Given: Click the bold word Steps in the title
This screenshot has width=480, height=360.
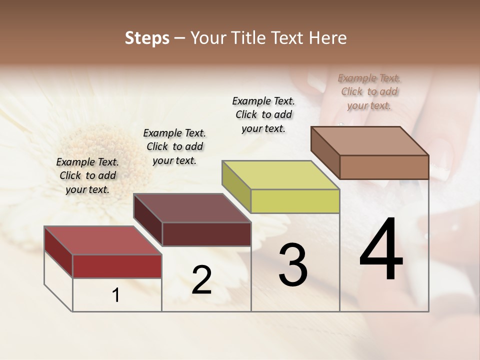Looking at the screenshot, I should click(147, 38).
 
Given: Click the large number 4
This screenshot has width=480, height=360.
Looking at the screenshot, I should click(381, 250).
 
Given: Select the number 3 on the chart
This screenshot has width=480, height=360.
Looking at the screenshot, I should click(292, 265).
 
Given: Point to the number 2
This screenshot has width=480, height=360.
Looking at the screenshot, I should click(201, 280).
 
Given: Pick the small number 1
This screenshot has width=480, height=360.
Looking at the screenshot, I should click(116, 295).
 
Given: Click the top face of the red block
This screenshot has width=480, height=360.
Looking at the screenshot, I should click(102, 240).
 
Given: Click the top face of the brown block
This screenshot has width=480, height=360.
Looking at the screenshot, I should click(369, 141).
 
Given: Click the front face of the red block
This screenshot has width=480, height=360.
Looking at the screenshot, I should click(117, 266).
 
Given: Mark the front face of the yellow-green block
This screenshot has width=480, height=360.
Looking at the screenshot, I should click(295, 201).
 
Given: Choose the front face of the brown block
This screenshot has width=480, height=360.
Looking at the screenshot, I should click(384, 167).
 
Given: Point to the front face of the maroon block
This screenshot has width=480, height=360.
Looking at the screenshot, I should click(206, 234).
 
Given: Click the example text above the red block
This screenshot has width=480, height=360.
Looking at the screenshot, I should click(87, 175).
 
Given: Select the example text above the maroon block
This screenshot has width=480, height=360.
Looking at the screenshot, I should click(174, 146).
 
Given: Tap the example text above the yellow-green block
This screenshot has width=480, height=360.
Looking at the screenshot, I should click(263, 114).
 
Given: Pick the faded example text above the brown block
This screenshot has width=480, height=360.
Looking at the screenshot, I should click(369, 91).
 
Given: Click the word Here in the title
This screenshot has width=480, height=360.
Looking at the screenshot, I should click(329, 38).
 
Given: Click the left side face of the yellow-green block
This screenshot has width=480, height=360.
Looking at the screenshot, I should click(236, 186).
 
